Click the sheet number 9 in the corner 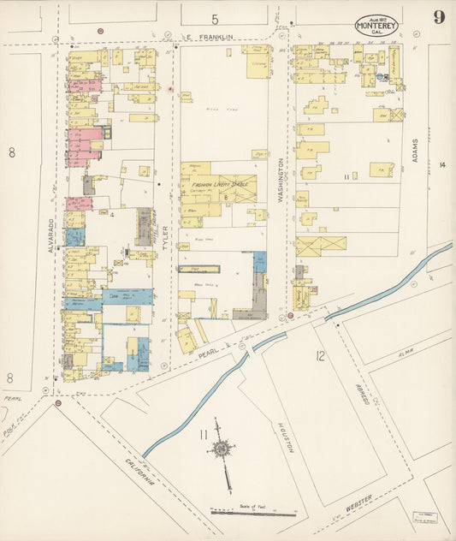tap(438, 18)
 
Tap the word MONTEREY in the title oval tap(376, 26)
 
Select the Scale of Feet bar tap(253, 514)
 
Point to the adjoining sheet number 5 tap(216, 19)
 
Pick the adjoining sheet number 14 tap(442, 164)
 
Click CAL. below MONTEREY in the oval tap(376, 33)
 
